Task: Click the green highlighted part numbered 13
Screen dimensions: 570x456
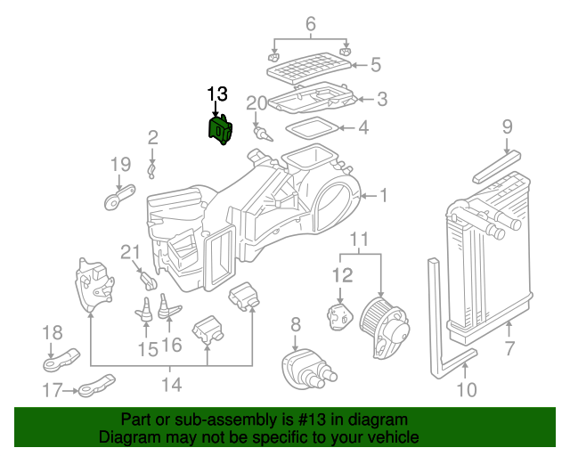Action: click(220, 130)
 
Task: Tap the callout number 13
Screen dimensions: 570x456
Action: click(217, 94)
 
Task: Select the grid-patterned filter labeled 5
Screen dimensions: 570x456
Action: click(309, 69)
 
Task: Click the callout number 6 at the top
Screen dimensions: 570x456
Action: click(311, 24)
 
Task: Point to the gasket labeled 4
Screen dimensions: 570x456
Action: click(312, 128)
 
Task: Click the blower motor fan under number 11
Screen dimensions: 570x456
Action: click(385, 327)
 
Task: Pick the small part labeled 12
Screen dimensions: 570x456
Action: click(340, 317)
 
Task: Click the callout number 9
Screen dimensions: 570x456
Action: click(508, 126)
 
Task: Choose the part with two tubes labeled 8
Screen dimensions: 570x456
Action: click(308, 369)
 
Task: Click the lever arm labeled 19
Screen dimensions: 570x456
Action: click(119, 197)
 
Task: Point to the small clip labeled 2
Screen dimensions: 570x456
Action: click(151, 171)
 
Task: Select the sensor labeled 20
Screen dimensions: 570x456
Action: click(263, 134)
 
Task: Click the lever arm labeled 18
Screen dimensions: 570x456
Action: click(61, 361)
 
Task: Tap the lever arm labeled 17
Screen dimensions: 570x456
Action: click(96, 386)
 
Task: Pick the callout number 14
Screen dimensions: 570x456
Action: click(171, 385)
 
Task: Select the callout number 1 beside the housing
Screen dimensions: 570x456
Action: click(383, 196)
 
